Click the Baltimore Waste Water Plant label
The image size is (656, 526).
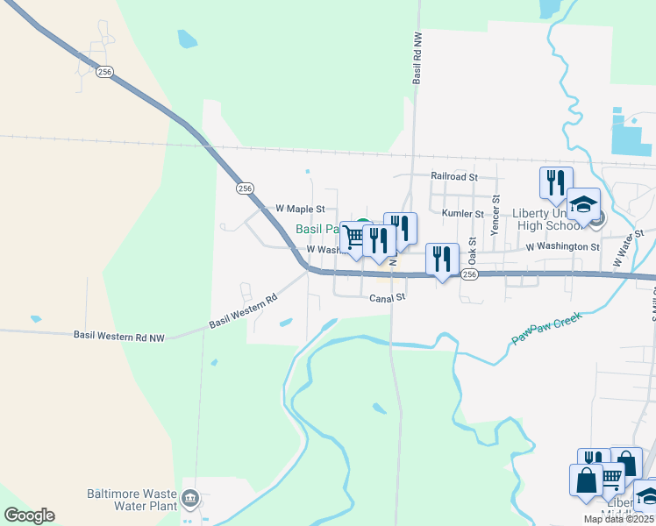[x=133, y=499]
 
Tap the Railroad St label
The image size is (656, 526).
[x=453, y=176]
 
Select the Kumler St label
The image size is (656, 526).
[x=463, y=214]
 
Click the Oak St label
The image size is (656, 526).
[x=472, y=251]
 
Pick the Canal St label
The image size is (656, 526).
[x=387, y=298]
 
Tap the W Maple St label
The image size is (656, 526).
[x=300, y=210]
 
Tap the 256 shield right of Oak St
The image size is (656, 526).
[x=469, y=275]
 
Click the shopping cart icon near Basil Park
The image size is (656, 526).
[x=354, y=237]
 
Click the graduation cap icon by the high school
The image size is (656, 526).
[x=583, y=204]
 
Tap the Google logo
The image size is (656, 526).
[x=29, y=515]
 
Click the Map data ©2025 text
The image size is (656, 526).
[x=619, y=519]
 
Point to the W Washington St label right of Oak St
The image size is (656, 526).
[x=562, y=247]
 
